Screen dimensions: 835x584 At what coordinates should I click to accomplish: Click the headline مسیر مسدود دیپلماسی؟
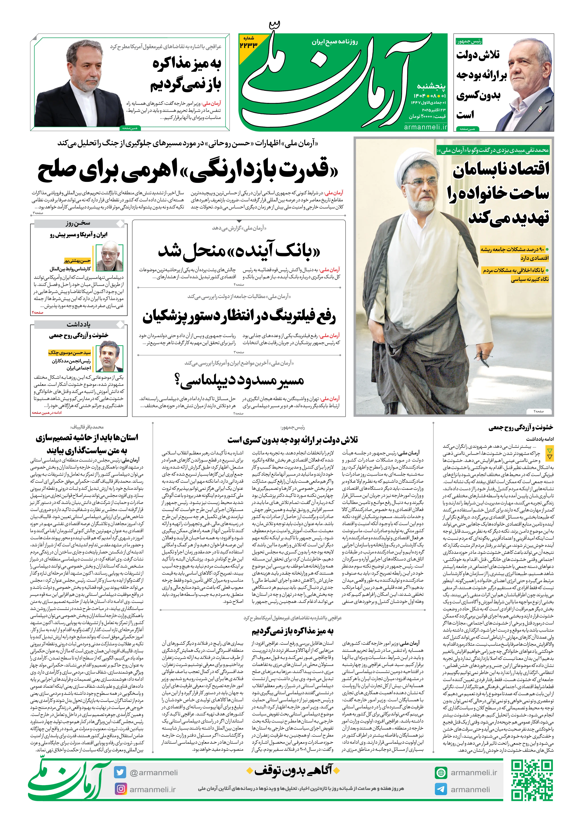[239, 380]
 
